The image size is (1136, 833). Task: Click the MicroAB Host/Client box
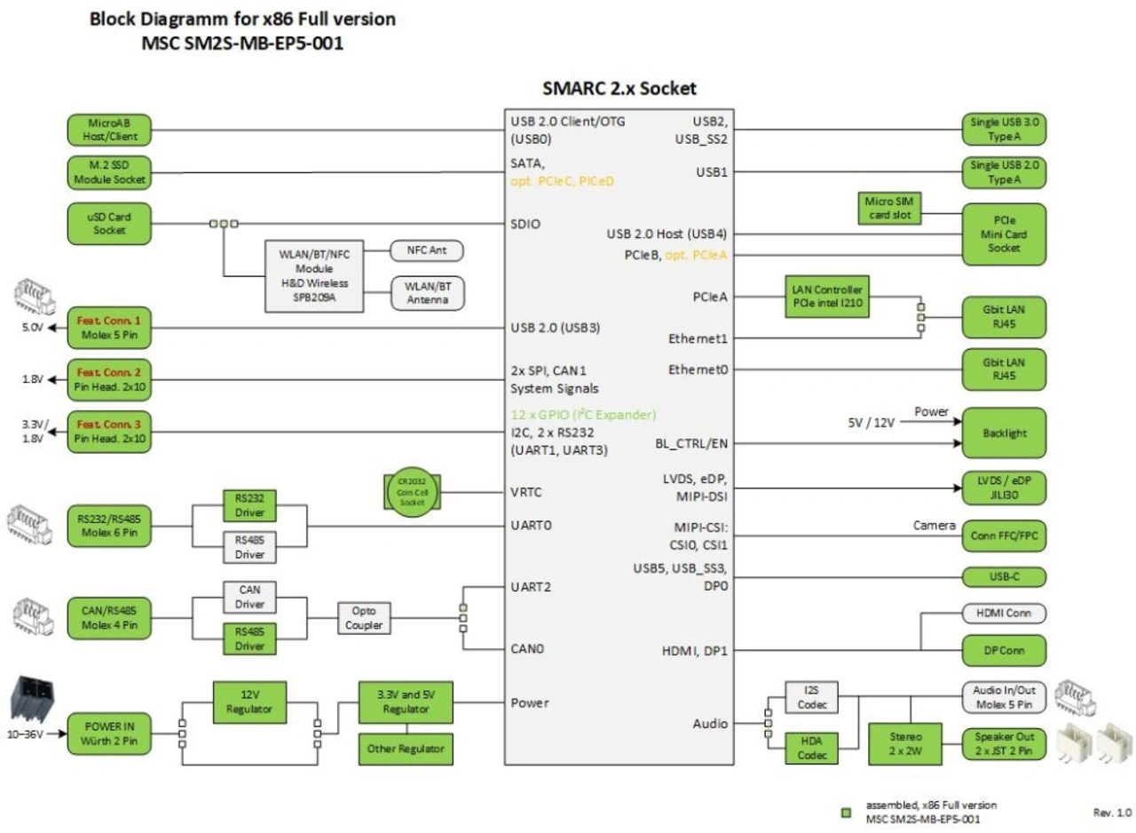[x=110, y=130]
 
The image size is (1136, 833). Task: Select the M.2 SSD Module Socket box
[x=110, y=172]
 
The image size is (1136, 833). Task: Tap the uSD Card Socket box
[x=110, y=224]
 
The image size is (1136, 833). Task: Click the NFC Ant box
[x=427, y=251]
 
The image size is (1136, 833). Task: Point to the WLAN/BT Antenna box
[x=427, y=293]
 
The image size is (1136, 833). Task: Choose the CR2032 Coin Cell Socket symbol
[x=411, y=491]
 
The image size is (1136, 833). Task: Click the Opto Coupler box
[x=364, y=617]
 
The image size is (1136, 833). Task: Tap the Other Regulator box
[x=406, y=749]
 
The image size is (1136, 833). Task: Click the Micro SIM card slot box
[x=891, y=207]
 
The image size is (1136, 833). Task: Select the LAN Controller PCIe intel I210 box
[x=827, y=297]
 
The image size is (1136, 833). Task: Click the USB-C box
[x=1004, y=575]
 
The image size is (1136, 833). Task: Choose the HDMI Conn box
[x=1004, y=614]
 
